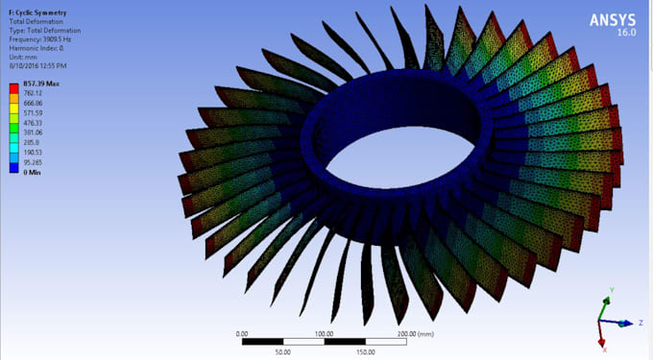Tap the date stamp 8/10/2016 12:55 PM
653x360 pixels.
click(x=37, y=65)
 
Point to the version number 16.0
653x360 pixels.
click(x=628, y=32)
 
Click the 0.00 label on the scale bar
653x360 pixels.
click(x=242, y=333)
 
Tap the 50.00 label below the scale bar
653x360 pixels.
click(x=284, y=351)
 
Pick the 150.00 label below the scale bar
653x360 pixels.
click(x=366, y=351)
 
